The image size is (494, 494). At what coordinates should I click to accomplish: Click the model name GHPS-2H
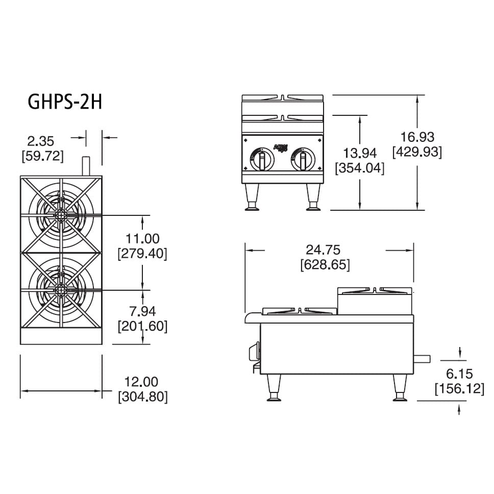click(65, 102)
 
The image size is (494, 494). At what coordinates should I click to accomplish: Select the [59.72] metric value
click(42, 156)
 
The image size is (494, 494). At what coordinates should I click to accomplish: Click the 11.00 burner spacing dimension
click(142, 238)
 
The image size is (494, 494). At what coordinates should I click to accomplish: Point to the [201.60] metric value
click(142, 326)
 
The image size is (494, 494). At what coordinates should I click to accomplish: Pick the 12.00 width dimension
click(142, 381)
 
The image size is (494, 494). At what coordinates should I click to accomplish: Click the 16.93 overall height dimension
click(417, 137)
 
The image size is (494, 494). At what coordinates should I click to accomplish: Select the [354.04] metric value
click(360, 168)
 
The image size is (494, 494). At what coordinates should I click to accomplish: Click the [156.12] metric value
click(459, 389)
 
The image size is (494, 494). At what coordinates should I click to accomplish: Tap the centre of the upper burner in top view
click(61, 214)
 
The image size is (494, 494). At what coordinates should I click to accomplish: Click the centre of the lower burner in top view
click(61, 290)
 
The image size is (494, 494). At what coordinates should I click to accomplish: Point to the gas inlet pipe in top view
click(86, 166)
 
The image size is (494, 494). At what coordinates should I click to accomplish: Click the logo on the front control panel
click(281, 147)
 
